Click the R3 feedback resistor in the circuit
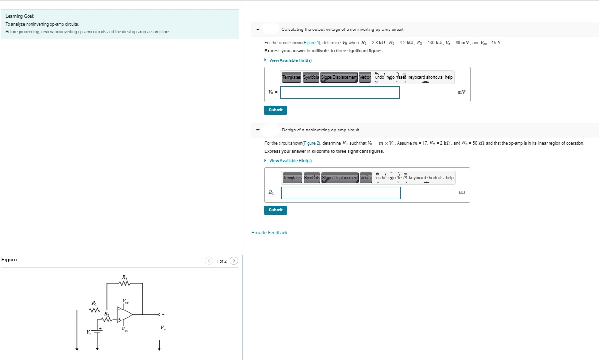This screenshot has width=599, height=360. pyautogui.click(x=125, y=284)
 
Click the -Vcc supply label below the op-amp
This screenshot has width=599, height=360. pyautogui.click(x=124, y=330)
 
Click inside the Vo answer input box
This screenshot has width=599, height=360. pyautogui.click(x=340, y=92)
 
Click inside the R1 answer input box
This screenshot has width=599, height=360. pyautogui.click(x=341, y=193)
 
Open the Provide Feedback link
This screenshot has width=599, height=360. pyautogui.click(x=270, y=233)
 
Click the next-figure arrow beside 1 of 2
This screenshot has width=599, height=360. pyautogui.click(x=233, y=261)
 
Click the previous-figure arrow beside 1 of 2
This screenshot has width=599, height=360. pyautogui.click(x=209, y=261)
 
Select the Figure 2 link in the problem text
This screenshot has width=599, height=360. pyautogui.click(x=312, y=143)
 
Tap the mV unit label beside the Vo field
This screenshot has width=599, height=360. pyautogui.click(x=461, y=92)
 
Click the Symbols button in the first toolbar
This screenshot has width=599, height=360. pyautogui.click(x=311, y=77)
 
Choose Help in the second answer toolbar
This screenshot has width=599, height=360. pyautogui.click(x=449, y=178)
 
